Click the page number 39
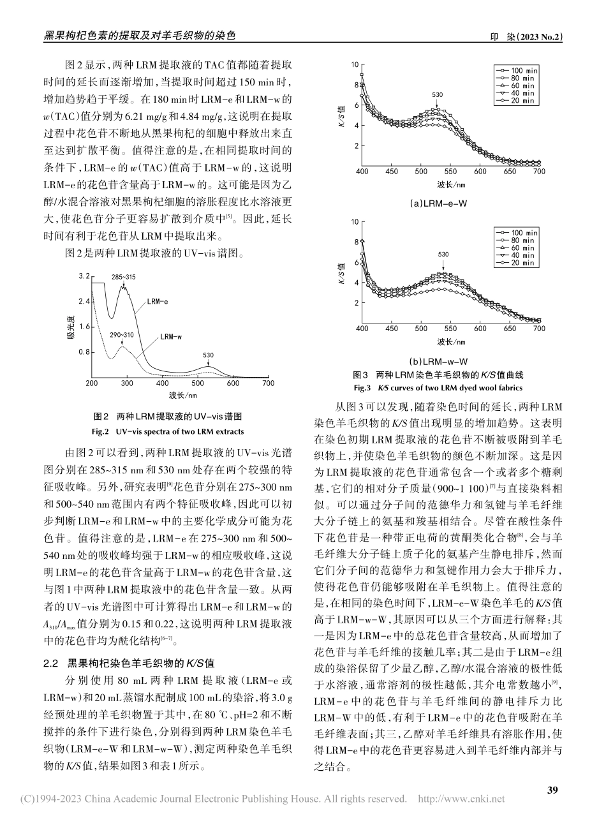552,790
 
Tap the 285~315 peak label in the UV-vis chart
123,277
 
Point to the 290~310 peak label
121,335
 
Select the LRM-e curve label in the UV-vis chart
157,301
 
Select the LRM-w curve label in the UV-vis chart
171,336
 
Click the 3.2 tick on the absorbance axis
84,276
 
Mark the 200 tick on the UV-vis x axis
92,383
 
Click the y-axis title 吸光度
71,326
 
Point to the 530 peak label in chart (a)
437,95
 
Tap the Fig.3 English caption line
438,387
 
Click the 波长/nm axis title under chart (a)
450,184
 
